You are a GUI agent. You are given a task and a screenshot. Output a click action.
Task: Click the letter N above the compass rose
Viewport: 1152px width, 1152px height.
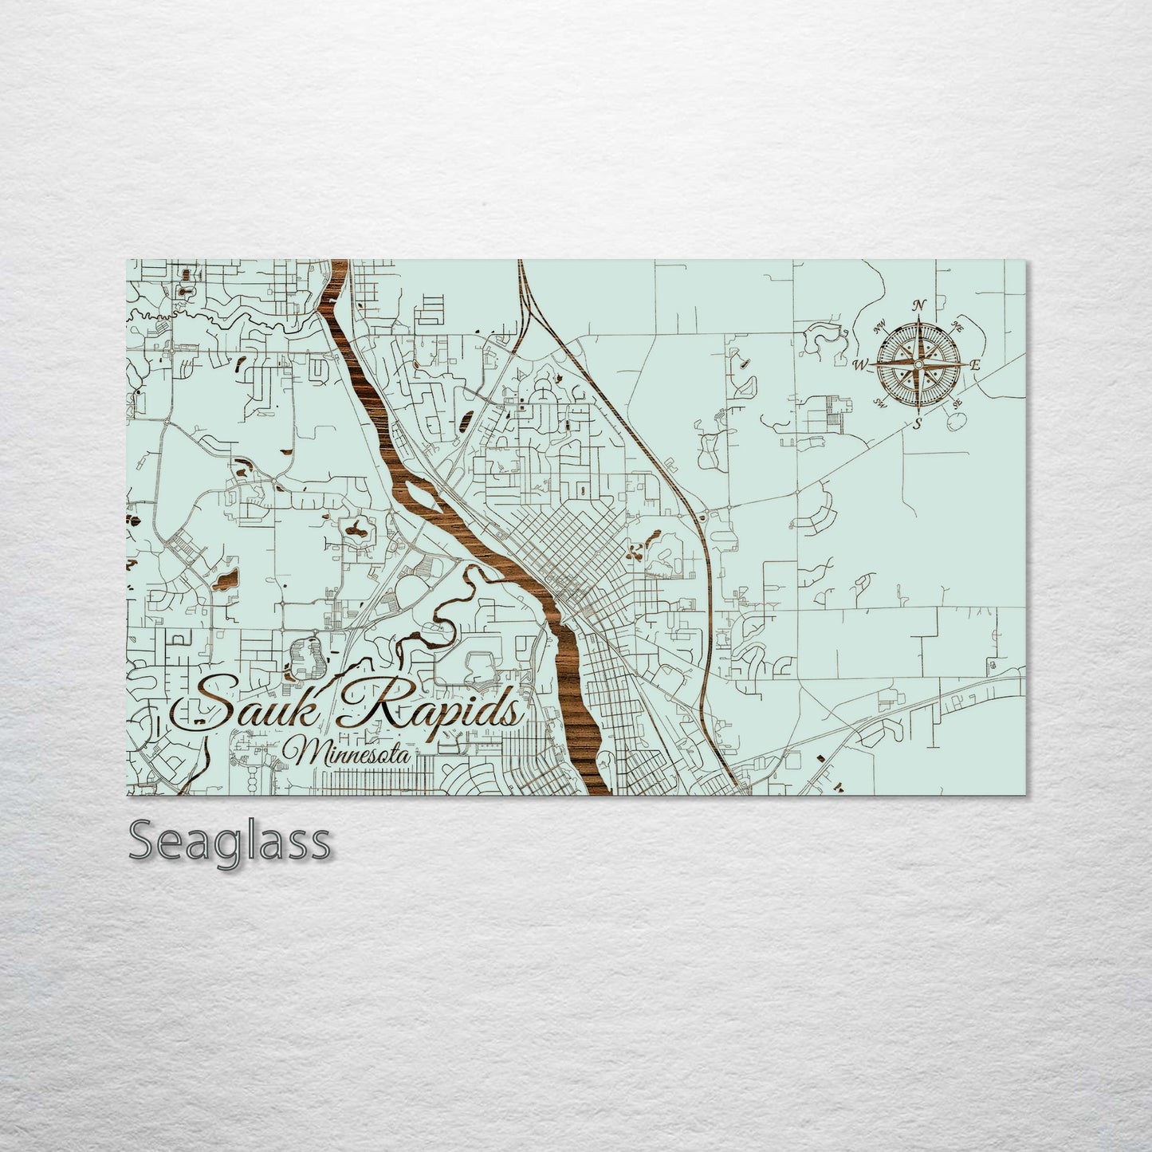click(919, 305)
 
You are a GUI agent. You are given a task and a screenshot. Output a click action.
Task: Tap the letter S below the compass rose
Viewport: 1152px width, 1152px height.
click(918, 423)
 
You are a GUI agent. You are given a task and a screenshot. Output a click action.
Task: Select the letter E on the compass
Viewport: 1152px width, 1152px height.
click(974, 365)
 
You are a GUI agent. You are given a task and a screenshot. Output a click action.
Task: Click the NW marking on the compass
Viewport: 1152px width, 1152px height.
click(881, 326)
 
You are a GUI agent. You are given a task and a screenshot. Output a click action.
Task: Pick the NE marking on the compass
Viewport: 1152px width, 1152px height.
click(958, 328)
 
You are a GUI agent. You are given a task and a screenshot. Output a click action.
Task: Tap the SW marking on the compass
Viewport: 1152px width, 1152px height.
click(881, 401)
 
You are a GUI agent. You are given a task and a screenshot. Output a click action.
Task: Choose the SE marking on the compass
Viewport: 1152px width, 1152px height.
click(957, 403)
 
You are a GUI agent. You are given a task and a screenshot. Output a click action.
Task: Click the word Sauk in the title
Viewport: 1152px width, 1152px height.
click(255, 705)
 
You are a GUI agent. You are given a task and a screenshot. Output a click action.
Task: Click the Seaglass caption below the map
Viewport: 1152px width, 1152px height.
click(229, 841)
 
